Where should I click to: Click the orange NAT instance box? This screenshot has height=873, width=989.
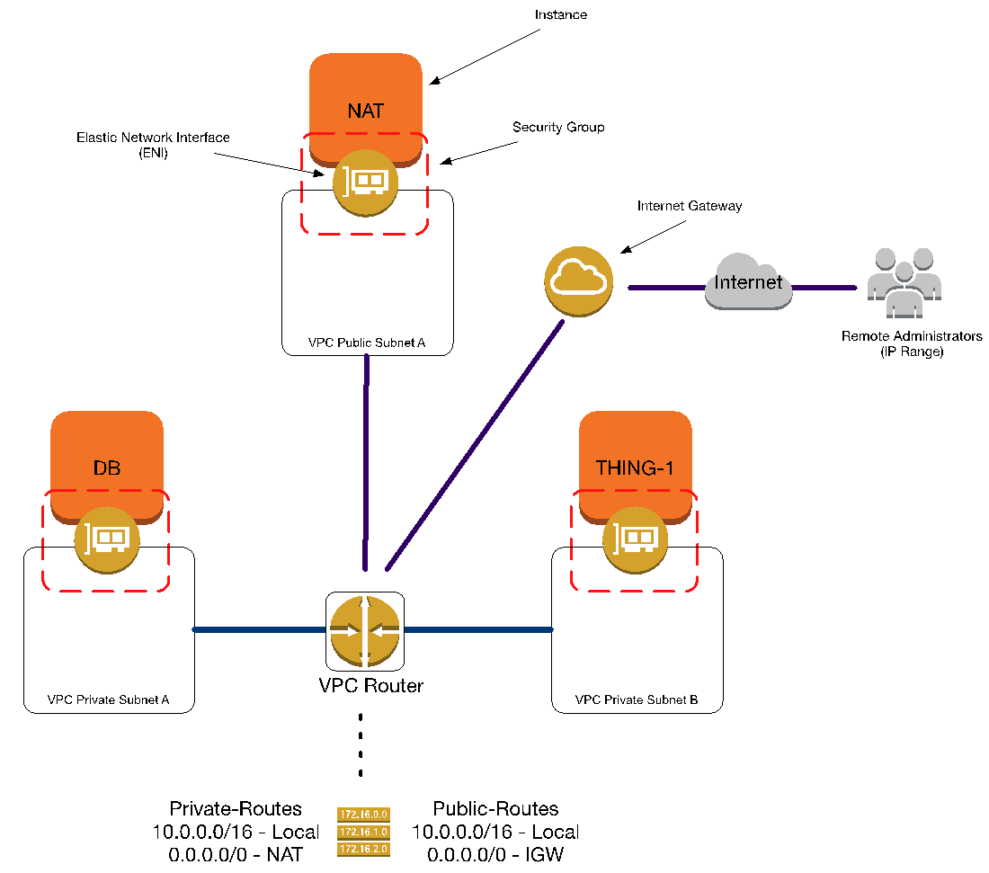point(365,101)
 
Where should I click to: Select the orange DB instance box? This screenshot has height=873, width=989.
point(107,459)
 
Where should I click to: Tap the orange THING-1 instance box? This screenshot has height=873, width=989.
point(635,459)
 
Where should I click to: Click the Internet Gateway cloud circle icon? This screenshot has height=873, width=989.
point(578,281)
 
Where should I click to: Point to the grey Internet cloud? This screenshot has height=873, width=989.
point(749,281)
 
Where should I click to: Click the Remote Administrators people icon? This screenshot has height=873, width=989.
point(904,282)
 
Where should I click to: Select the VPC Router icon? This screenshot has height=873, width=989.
point(364,631)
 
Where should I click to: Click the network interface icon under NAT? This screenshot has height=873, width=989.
point(365,183)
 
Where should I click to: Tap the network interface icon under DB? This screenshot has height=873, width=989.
point(107,540)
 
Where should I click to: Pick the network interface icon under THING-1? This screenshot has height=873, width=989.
point(635,540)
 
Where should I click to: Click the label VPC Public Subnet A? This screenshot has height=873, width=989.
point(367,343)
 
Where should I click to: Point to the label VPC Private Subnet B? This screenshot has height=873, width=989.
point(637,699)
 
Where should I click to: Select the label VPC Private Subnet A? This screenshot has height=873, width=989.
point(108,699)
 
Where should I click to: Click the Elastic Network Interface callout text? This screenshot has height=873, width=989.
point(153,145)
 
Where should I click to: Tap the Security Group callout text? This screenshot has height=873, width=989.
point(558,128)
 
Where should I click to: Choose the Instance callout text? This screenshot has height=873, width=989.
point(561,14)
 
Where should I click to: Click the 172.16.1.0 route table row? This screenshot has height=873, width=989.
point(364,832)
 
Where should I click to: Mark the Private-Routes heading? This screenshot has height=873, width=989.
point(236,808)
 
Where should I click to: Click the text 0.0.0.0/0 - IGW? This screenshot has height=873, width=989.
point(495,855)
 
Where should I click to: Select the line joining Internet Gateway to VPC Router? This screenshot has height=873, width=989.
point(475,445)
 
